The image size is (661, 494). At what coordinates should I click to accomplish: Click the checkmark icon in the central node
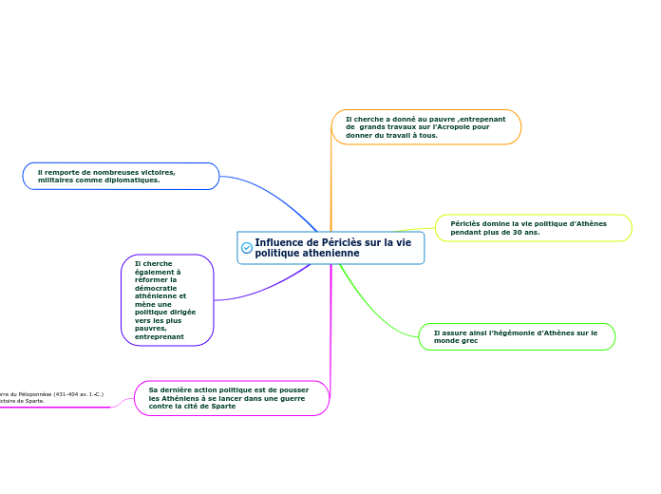click(x=247, y=248)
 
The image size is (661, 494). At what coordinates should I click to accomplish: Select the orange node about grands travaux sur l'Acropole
click(x=425, y=127)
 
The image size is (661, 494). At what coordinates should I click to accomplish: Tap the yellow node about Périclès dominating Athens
click(x=533, y=228)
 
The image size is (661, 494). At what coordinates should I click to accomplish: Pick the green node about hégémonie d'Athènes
click(x=517, y=336)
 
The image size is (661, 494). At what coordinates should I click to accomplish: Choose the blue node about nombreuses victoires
click(x=121, y=176)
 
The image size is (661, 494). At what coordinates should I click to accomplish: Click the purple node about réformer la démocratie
click(x=167, y=299)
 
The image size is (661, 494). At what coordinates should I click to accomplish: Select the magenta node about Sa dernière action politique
click(x=232, y=398)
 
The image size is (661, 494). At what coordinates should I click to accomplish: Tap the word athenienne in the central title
click(x=307, y=254)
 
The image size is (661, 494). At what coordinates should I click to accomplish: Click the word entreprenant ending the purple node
click(x=159, y=336)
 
